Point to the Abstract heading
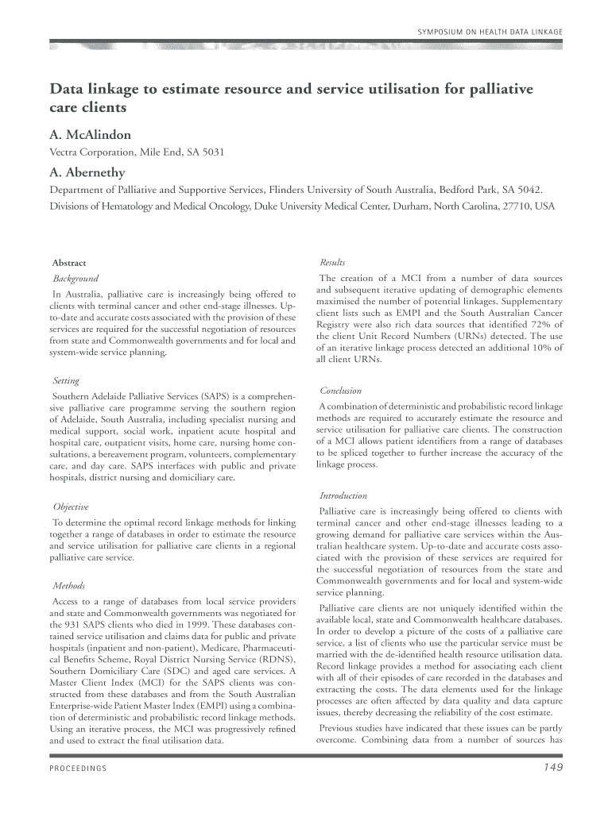click(69, 263)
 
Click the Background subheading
click(76, 279)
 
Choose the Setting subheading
click(67, 381)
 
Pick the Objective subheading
click(70, 507)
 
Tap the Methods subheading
click(68, 586)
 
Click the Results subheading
click(332, 263)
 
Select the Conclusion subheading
click(340, 391)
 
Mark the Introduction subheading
click(343, 495)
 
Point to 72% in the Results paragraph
click(529, 324)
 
